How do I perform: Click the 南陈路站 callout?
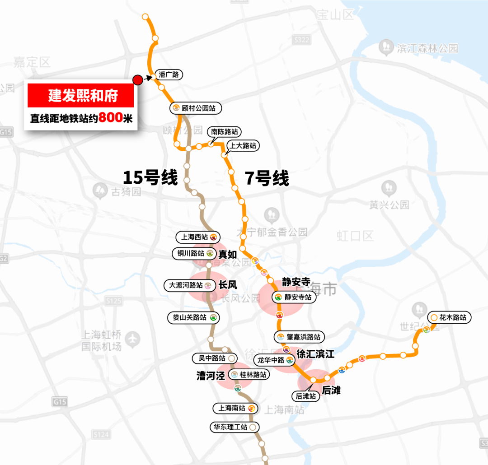point(224,132)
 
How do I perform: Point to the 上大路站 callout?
point(243,146)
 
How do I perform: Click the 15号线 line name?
point(150,177)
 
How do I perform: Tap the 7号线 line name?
point(267,179)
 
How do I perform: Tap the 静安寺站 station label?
point(294,297)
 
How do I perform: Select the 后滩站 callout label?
point(306,396)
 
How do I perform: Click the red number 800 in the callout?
point(111,118)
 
